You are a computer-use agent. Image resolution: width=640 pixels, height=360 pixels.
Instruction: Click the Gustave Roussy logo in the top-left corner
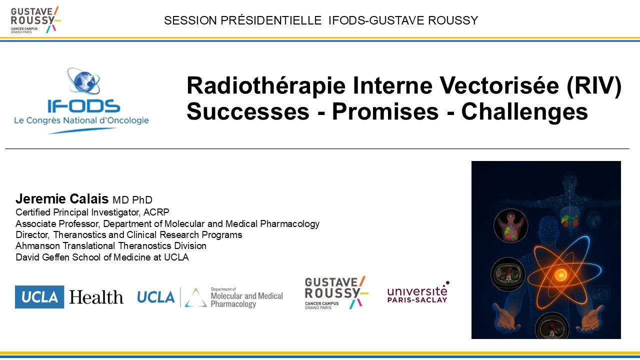[35, 20]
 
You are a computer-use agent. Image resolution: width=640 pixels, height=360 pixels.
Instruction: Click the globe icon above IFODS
[83, 81]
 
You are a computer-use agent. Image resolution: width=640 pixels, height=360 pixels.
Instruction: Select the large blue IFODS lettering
[83, 106]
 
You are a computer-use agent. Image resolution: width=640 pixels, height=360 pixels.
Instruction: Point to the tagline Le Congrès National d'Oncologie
[81, 120]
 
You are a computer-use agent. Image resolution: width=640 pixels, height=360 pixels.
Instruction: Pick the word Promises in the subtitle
[385, 111]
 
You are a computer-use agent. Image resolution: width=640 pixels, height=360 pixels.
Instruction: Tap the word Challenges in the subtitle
[524, 112]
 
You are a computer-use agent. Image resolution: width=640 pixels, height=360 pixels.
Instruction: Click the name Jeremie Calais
[62, 198]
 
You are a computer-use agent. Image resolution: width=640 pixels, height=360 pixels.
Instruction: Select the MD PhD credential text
[132, 199]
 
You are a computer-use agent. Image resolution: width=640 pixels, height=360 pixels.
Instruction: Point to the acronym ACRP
[156, 212]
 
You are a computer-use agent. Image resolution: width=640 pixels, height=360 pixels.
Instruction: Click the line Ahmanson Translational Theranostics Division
[111, 245]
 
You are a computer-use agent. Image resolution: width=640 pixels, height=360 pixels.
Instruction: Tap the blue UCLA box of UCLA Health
[39, 297]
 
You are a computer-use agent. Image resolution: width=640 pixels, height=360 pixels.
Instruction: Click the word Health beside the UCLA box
[96, 297]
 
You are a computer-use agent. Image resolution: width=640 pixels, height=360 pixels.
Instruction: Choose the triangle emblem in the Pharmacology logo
[195, 297]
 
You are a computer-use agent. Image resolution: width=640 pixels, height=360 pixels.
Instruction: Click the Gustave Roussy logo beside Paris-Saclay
[336, 292]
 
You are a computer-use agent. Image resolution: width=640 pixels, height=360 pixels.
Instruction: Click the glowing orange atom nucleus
[560, 275]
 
